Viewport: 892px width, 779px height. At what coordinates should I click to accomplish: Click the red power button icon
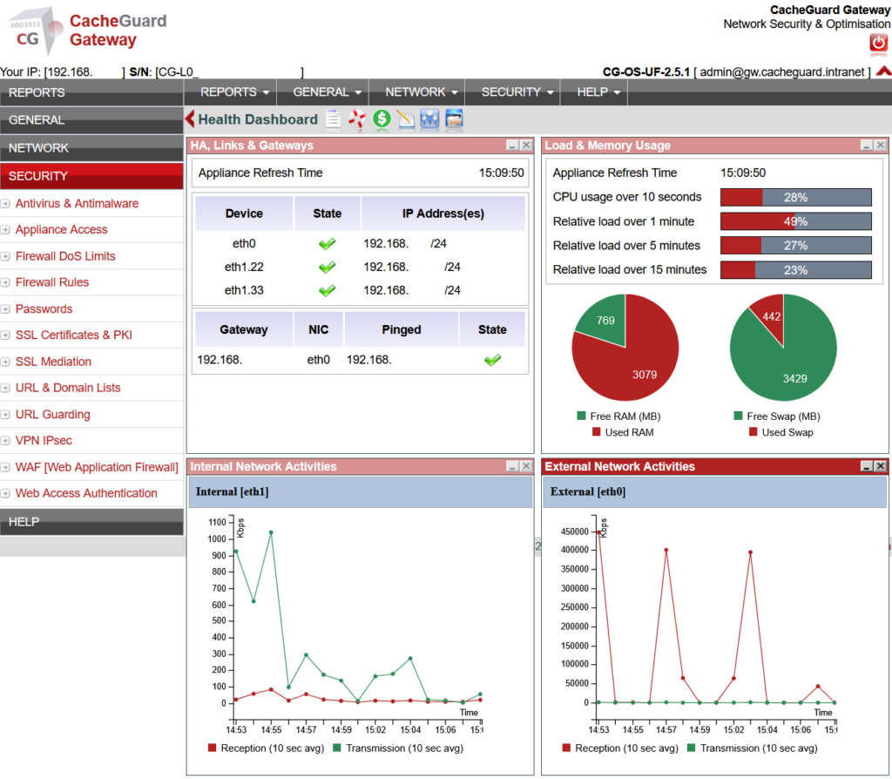[877, 43]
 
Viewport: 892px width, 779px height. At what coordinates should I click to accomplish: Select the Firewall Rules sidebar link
[52, 282]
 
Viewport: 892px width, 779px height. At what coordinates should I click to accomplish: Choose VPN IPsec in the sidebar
[44, 441]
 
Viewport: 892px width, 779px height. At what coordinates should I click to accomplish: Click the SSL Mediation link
[53, 362]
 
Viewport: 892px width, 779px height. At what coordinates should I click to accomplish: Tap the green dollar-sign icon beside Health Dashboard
[382, 119]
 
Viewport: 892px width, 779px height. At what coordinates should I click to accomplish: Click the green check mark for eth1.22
[327, 267]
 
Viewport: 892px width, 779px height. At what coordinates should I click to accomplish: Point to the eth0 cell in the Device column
[243, 244]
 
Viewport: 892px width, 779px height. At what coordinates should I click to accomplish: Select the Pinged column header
[401, 329]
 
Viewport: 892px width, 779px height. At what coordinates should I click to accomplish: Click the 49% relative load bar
[795, 221]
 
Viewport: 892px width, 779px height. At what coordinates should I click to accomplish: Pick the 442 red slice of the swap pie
[770, 321]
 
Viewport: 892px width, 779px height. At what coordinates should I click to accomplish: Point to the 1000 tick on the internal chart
[217, 539]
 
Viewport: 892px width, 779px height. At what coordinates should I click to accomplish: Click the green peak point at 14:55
[271, 532]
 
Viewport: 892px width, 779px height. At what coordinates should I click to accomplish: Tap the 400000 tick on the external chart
[575, 550]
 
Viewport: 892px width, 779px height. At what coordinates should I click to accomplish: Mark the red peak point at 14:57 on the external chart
[666, 550]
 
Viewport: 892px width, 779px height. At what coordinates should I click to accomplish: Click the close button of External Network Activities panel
[881, 466]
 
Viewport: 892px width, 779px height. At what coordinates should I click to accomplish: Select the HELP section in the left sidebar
[91, 521]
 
